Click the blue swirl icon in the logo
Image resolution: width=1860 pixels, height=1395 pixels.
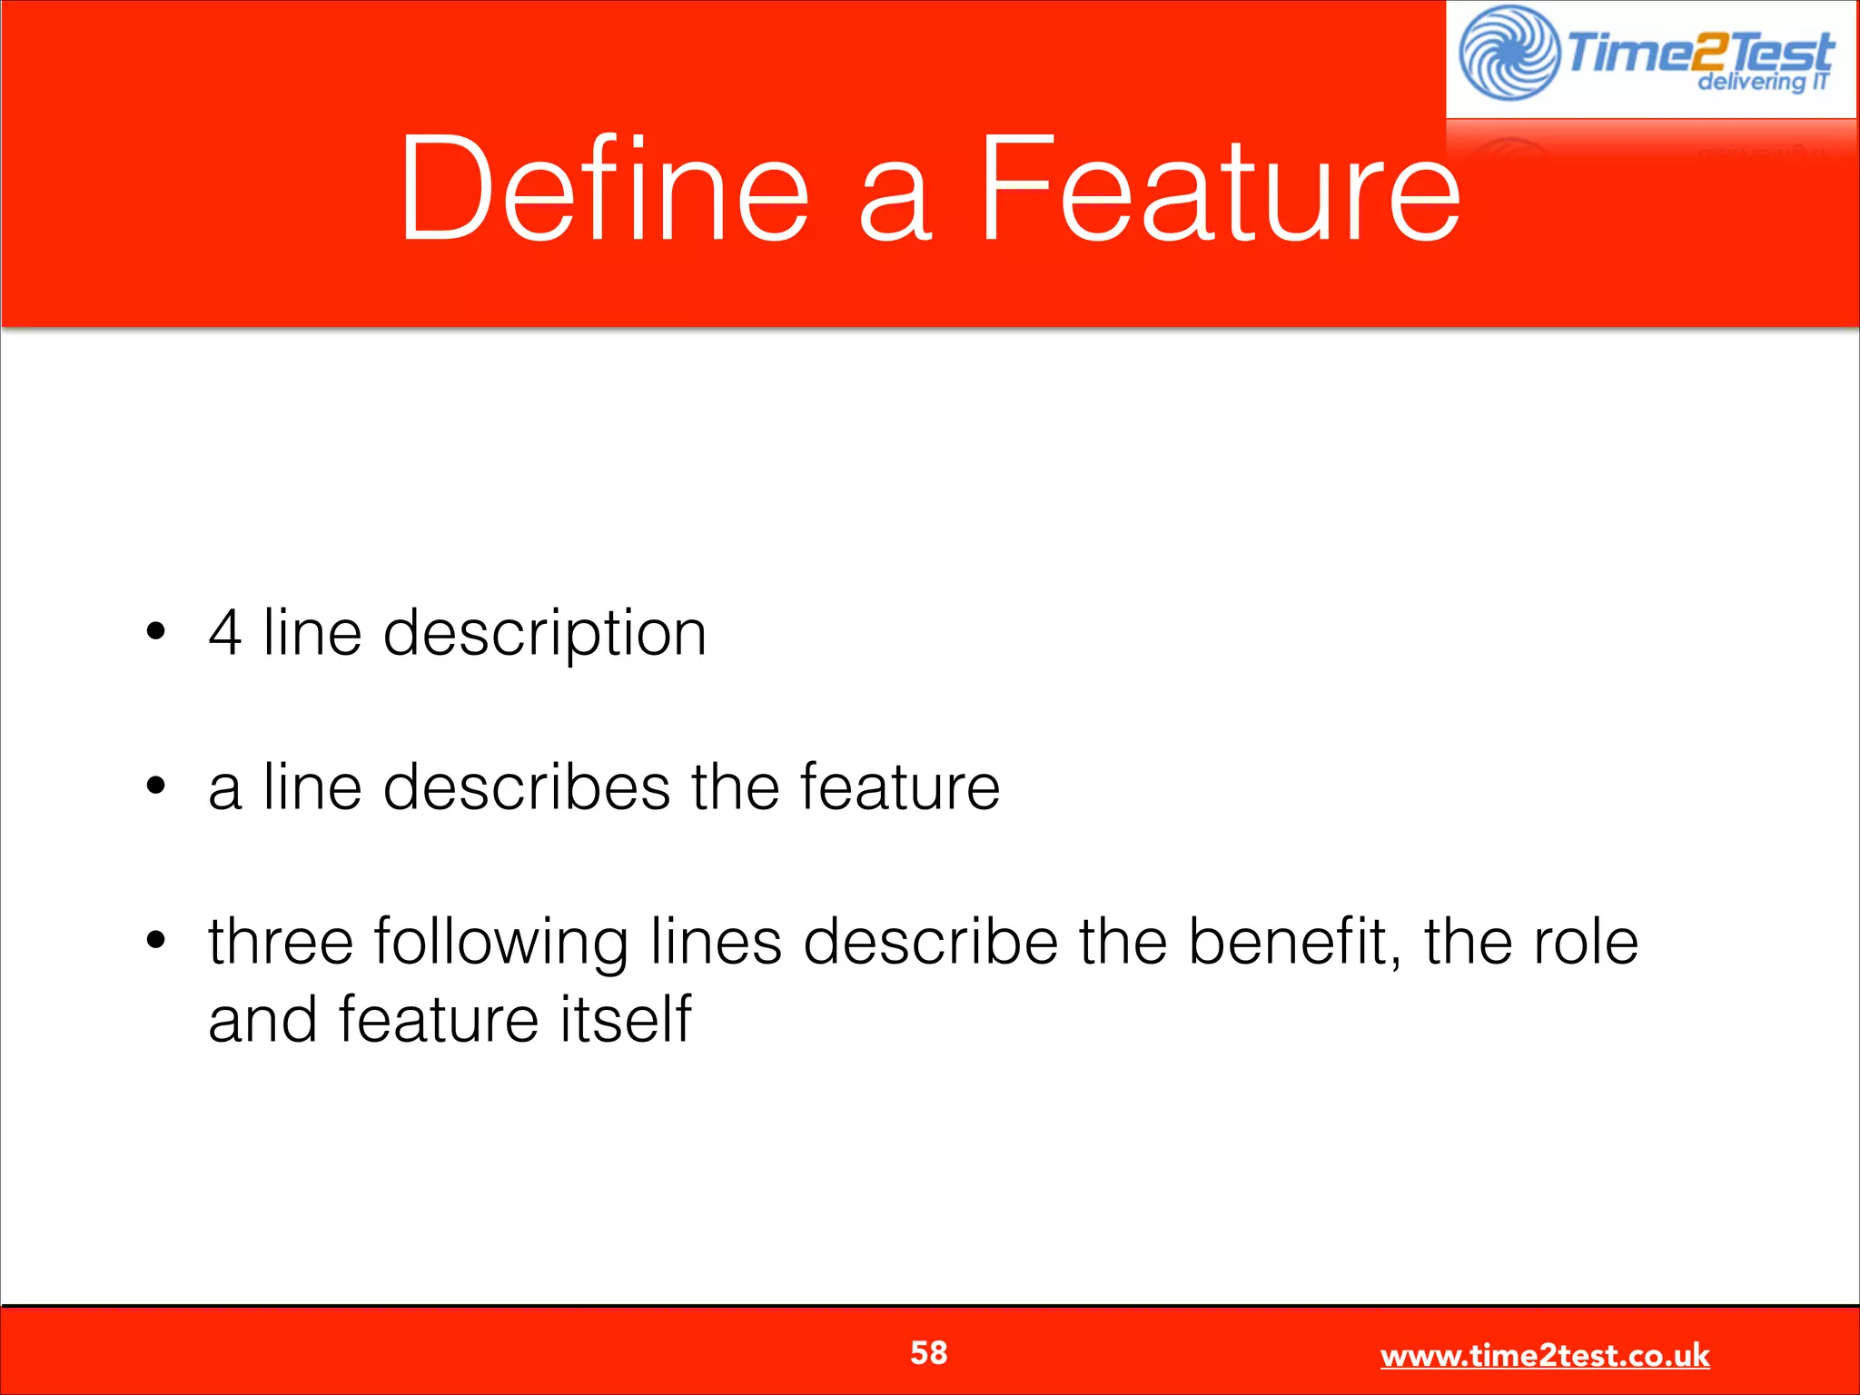(1509, 53)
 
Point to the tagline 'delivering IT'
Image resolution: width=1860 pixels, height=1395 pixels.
(1762, 83)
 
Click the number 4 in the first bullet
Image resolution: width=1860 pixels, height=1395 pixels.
(225, 632)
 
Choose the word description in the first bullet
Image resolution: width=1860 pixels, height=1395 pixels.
(544, 634)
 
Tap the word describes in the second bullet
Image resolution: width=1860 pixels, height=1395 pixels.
(526, 787)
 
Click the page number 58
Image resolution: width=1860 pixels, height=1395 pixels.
(929, 1352)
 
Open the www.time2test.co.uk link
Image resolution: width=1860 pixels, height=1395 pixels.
(1545, 1355)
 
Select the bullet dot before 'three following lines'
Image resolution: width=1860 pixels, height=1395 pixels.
(156, 940)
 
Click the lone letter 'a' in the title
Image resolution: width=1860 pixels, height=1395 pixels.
(895, 202)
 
